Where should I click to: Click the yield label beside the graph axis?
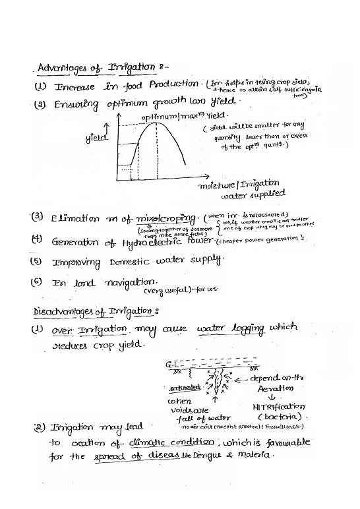pyautogui.click(x=96, y=139)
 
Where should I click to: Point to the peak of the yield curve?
pyautogui.click(x=156, y=123)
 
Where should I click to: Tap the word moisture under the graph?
pyautogui.click(x=218, y=185)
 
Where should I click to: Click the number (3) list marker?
pyautogui.click(x=38, y=216)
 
